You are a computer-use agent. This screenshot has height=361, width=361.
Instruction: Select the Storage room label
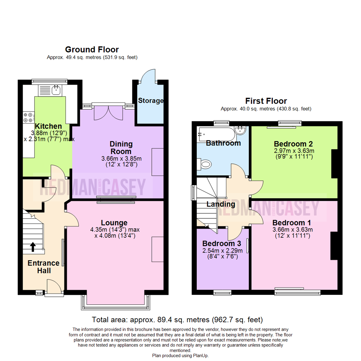point(151,101)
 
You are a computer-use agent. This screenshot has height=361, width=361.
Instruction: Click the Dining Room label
point(121,148)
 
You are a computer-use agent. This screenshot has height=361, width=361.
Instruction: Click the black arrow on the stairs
point(33,247)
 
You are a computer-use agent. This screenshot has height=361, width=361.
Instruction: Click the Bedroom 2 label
point(292,144)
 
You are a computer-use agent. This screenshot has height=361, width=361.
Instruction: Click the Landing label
point(221,204)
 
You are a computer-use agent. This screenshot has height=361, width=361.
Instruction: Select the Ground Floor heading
point(92,50)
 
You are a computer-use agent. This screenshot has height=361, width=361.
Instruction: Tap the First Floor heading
point(266,101)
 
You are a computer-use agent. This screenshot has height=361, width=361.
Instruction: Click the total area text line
point(177,320)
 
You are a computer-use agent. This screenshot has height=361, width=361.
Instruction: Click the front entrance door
point(53,288)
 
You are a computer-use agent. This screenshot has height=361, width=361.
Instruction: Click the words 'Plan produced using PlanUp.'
point(180,356)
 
